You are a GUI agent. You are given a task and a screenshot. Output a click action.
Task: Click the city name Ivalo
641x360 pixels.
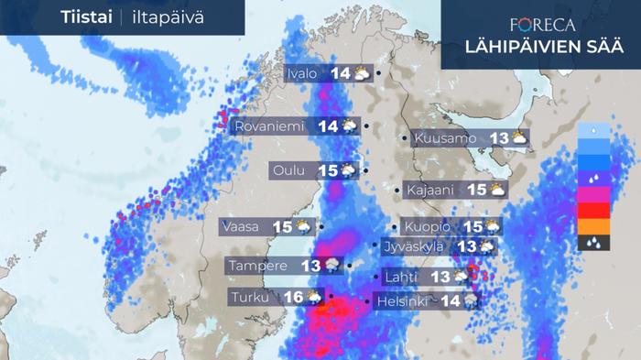[x=303, y=73]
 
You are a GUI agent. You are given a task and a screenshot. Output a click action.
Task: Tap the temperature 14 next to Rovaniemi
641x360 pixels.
[x=328, y=126]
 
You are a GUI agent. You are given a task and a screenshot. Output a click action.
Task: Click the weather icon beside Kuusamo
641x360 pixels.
[x=519, y=138]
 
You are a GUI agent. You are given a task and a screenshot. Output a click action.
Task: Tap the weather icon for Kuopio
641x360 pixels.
[x=493, y=226]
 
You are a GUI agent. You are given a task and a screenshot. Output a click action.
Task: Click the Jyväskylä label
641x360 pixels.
[x=414, y=245]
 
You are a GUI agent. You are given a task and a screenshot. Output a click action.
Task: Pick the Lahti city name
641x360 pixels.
[x=402, y=276]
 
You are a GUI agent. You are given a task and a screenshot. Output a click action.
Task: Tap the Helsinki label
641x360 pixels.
[x=403, y=300]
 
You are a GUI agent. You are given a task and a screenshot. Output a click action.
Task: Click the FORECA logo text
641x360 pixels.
[x=540, y=25]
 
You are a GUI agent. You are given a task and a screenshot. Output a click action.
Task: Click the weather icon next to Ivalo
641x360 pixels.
[x=361, y=73]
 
